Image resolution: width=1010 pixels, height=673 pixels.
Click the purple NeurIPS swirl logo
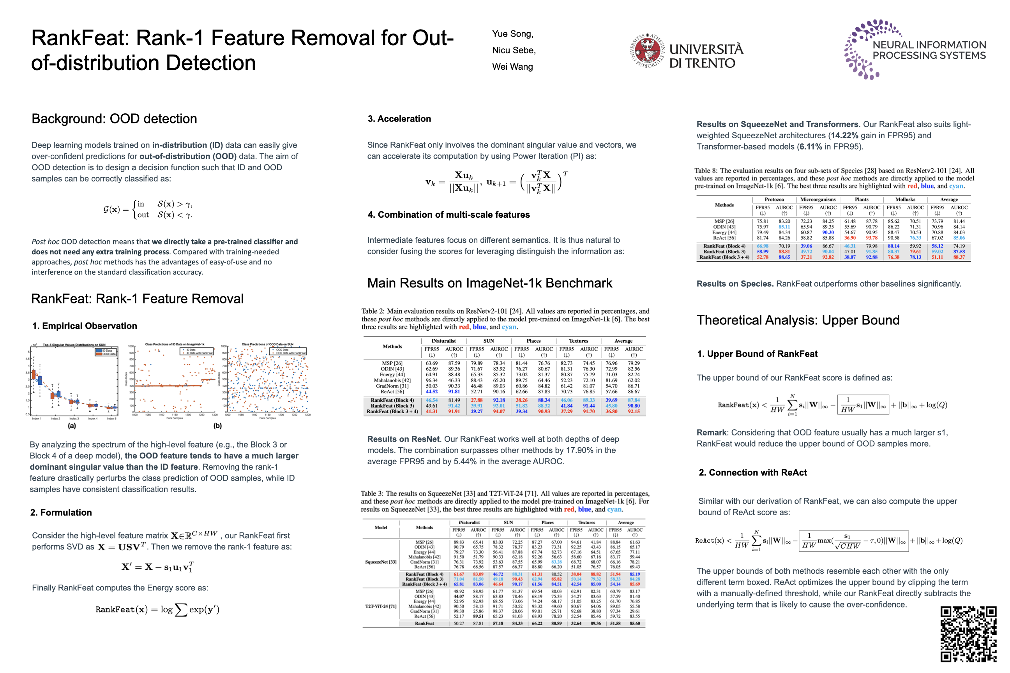point(863,49)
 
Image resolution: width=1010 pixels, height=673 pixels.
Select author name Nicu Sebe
point(514,50)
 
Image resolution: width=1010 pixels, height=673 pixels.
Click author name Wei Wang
point(512,67)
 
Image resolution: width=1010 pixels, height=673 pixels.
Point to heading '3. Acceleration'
point(399,119)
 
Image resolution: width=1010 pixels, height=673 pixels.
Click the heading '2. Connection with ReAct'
point(752,472)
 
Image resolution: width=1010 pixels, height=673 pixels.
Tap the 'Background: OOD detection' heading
point(114,119)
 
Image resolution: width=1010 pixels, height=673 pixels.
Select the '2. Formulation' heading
point(61,513)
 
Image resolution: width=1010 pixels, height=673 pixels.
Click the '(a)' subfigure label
point(72,426)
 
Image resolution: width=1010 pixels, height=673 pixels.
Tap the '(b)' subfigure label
point(218,426)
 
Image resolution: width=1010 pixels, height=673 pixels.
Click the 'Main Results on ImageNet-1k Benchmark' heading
point(489,283)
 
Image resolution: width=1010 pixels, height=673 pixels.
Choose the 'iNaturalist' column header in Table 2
point(443,341)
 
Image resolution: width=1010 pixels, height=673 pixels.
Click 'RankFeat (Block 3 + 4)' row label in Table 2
point(392,412)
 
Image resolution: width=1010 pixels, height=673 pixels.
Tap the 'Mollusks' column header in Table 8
point(905,199)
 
